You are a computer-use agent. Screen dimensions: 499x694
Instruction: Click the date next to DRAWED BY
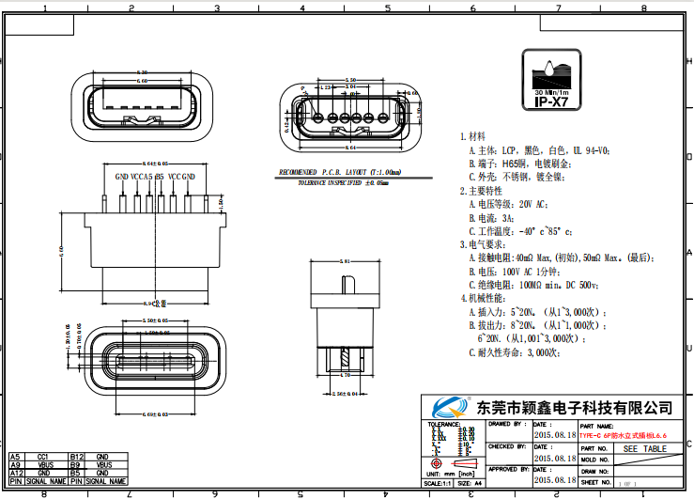555,435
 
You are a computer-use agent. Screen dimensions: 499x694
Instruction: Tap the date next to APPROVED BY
555,478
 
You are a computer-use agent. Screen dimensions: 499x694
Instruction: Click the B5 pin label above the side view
160,177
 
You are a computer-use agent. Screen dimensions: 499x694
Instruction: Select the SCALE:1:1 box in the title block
438,482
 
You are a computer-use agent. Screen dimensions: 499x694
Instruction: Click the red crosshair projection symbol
436,463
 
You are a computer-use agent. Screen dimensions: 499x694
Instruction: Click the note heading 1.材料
472,136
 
